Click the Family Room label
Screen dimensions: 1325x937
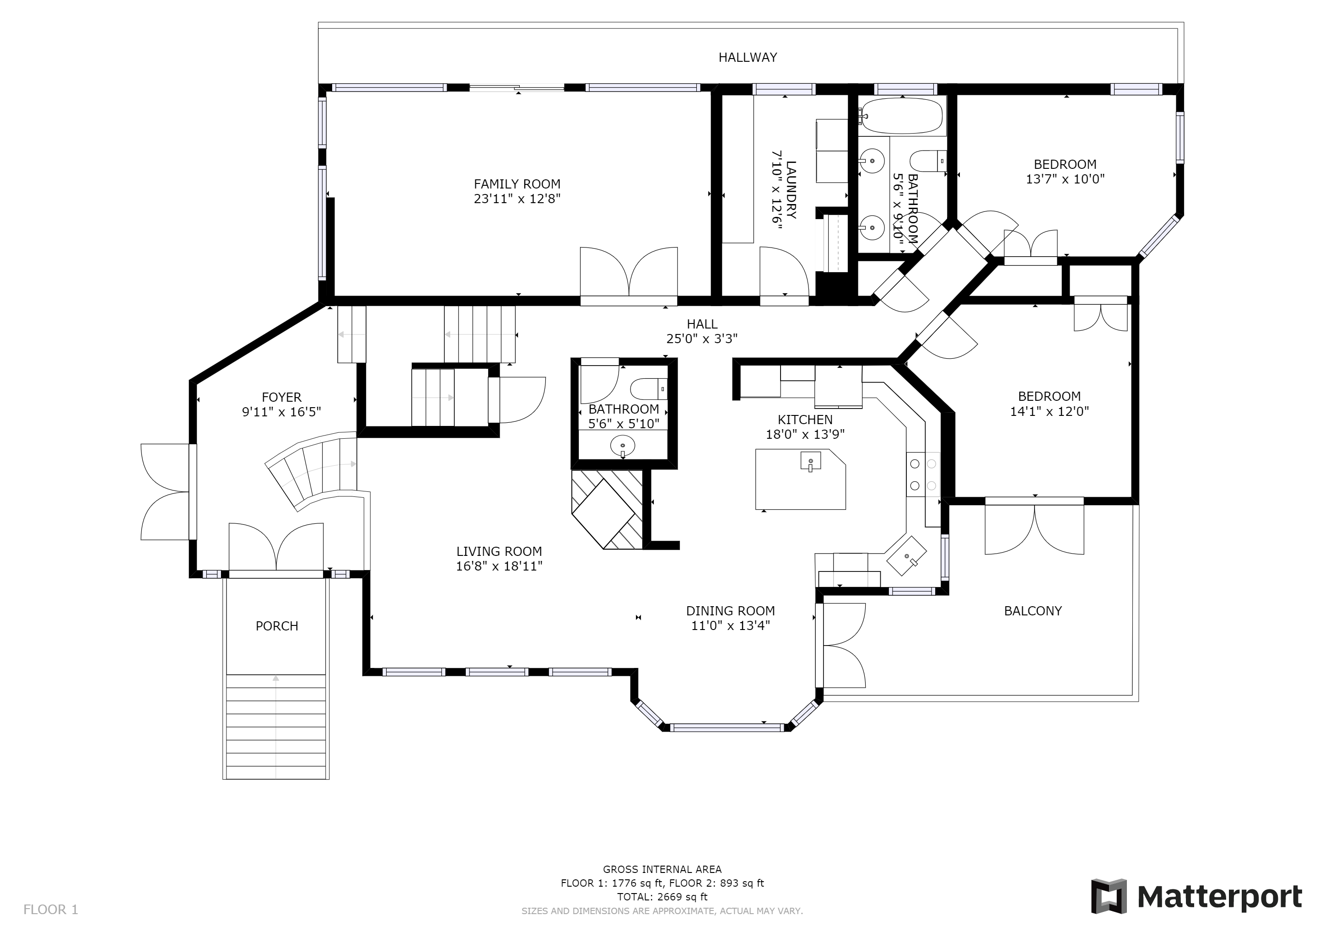point(517,184)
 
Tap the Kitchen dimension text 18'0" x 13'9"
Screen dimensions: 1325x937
point(805,435)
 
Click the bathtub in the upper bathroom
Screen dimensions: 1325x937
point(902,115)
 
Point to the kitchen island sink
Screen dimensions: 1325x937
point(811,461)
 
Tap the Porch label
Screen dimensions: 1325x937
point(277,626)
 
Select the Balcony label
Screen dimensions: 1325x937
point(1033,611)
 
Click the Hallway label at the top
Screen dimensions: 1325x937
point(748,57)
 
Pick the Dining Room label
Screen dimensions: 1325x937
point(731,611)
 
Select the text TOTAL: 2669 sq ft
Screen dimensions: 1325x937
point(662,897)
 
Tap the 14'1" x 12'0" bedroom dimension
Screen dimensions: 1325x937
point(1049,411)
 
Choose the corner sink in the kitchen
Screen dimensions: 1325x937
point(907,555)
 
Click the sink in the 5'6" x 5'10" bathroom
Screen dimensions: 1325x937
point(623,446)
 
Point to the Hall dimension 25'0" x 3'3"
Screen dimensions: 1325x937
point(702,339)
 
